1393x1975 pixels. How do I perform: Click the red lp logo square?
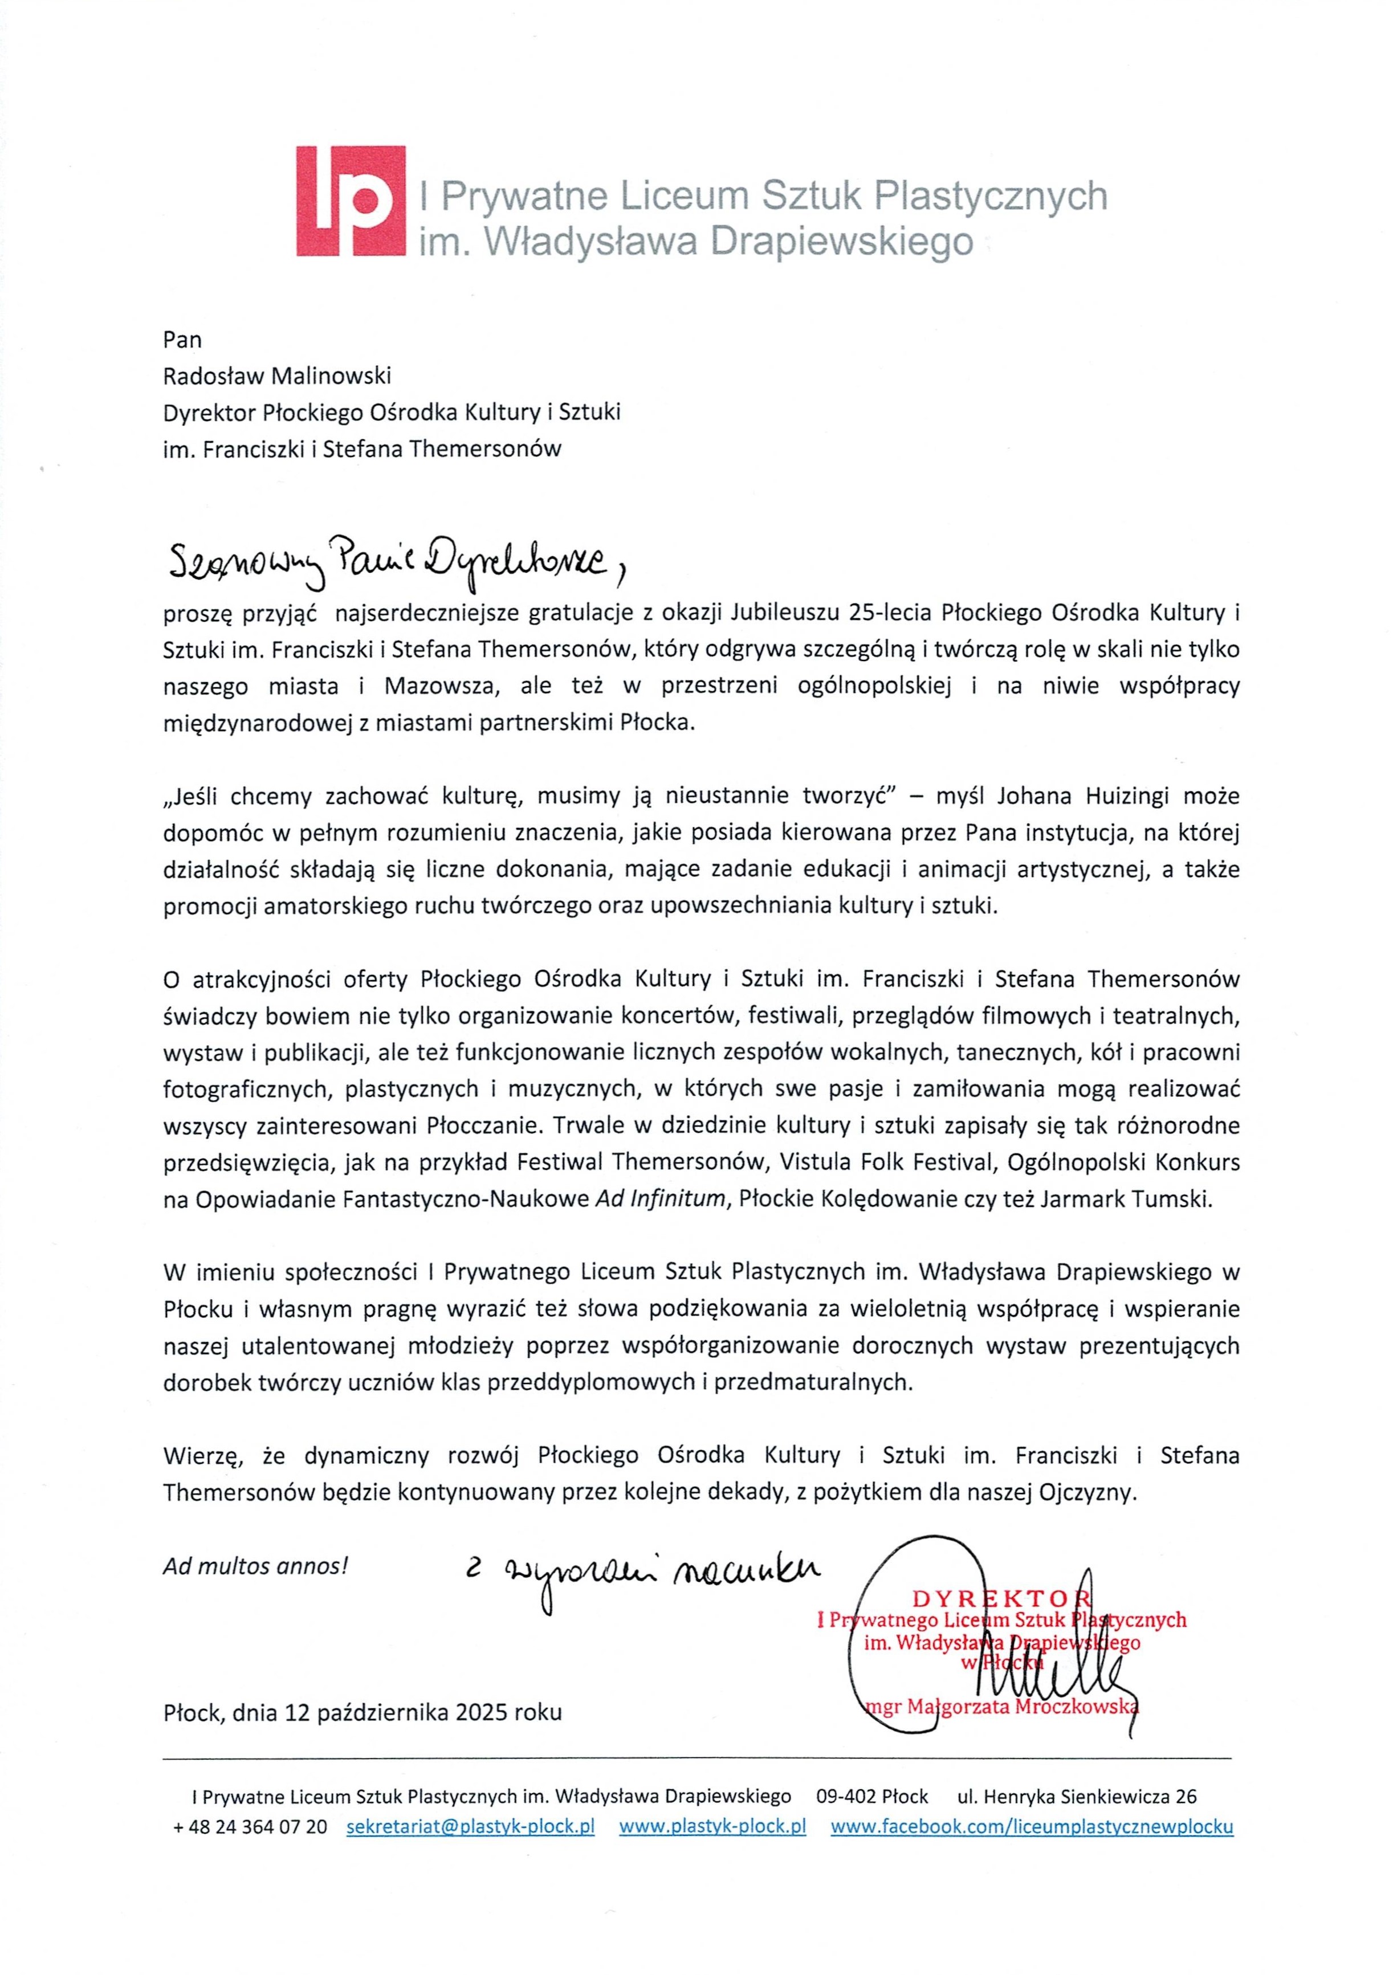(x=350, y=201)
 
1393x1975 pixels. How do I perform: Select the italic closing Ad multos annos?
(x=255, y=1565)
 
